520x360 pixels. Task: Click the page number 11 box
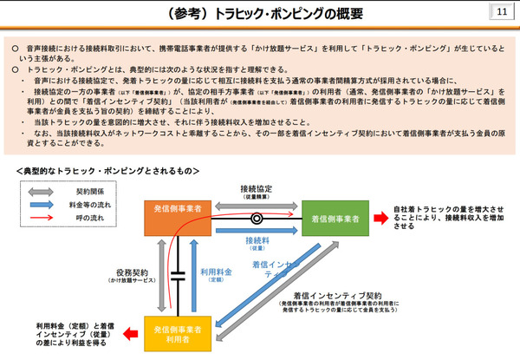pos(501,13)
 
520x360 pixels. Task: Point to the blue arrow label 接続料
pos(257,239)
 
